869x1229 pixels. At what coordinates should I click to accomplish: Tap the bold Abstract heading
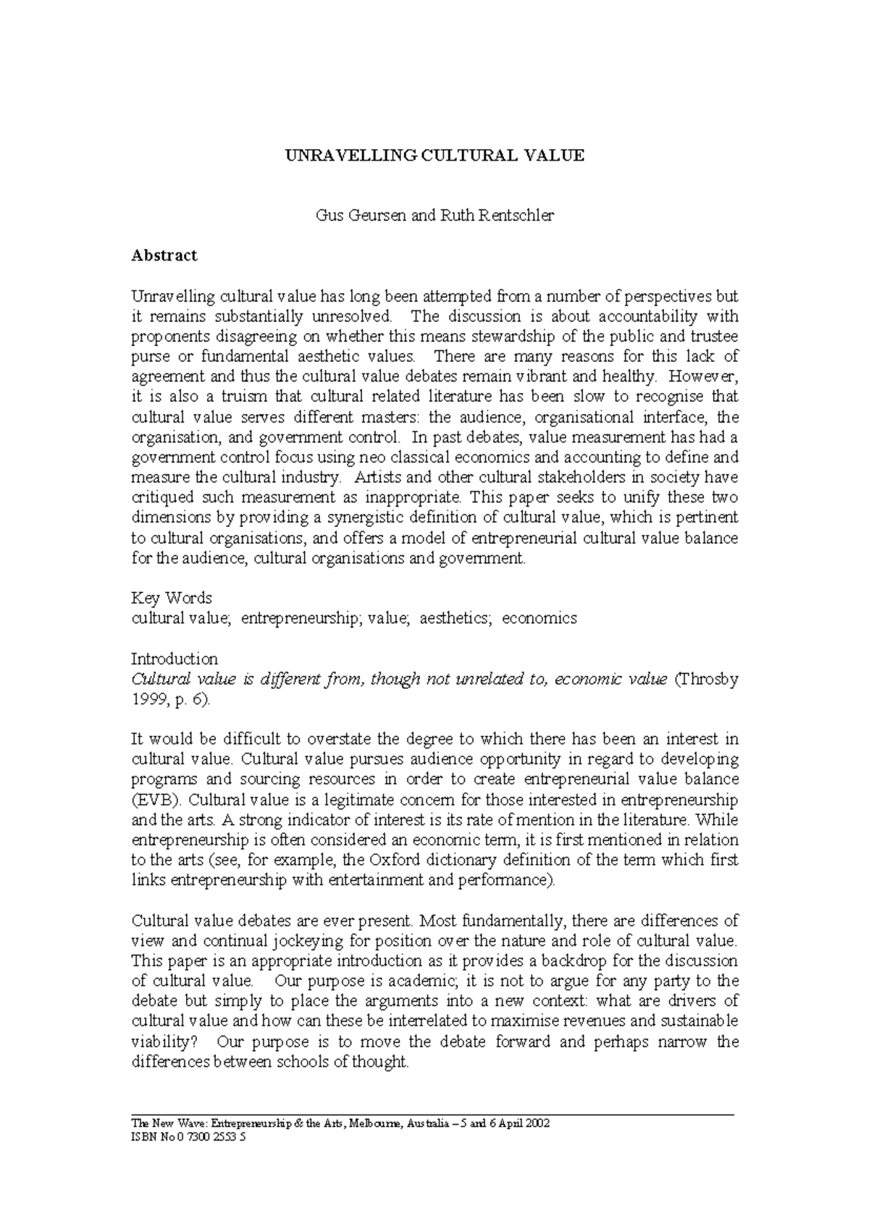pos(164,255)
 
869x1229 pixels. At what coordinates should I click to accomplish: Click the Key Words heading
pos(171,598)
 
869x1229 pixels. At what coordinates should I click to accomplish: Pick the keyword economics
pos(540,618)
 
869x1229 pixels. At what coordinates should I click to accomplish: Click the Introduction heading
pos(174,659)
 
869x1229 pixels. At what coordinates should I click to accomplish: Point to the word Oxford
pos(395,860)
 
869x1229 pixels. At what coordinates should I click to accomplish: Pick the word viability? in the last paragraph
pos(162,1042)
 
